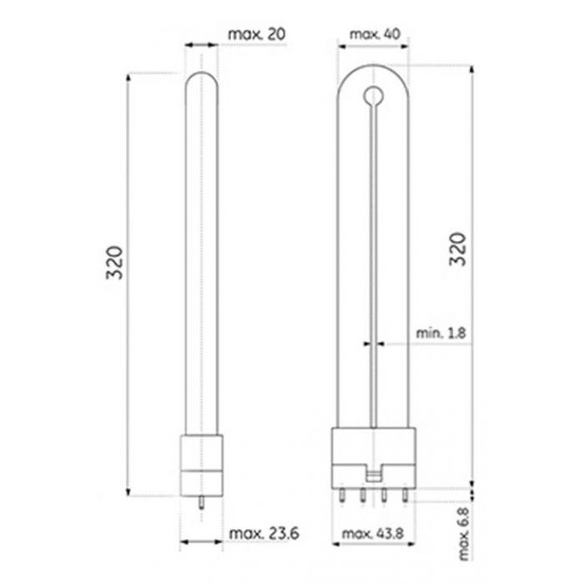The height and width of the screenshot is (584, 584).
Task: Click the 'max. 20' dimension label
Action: [x=257, y=34]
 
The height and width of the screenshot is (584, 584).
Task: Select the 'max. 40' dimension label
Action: [x=375, y=35]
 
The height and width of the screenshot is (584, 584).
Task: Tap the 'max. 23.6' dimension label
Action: [x=264, y=533]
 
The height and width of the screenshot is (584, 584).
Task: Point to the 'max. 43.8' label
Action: [x=373, y=533]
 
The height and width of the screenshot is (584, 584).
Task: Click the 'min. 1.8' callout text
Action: [x=441, y=333]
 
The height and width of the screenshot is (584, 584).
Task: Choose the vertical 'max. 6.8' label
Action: [x=464, y=533]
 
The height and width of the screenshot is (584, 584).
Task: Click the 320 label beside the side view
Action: [x=115, y=263]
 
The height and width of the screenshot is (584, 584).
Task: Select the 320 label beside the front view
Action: [x=458, y=249]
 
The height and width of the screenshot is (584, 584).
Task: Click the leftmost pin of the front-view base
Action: [x=342, y=496]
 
